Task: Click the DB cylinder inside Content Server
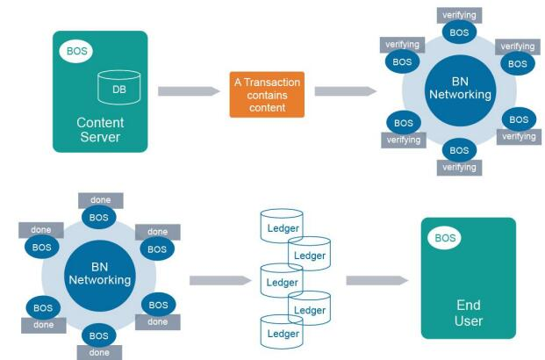pos(119,87)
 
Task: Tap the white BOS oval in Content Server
pos(76,51)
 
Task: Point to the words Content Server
pos(100,130)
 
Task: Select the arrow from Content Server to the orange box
pos(189,91)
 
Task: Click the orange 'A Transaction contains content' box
pos(267,95)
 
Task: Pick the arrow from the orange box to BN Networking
pos(346,91)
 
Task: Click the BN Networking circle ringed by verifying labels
pos(460,90)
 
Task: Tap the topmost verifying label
pos(459,15)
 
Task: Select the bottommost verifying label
pos(459,168)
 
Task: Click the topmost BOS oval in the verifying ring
pos(459,32)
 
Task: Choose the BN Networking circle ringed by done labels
pos(100,276)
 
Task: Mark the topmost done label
pos(100,200)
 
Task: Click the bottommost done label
pos(99,353)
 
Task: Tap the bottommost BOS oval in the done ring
pos(98,335)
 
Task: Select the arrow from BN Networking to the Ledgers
pos(220,280)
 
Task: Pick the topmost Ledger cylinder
pos(282,226)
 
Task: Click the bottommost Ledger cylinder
pos(282,332)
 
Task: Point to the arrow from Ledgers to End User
pos(377,280)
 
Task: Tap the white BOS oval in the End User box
pos(444,238)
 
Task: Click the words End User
pos(469,313)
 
